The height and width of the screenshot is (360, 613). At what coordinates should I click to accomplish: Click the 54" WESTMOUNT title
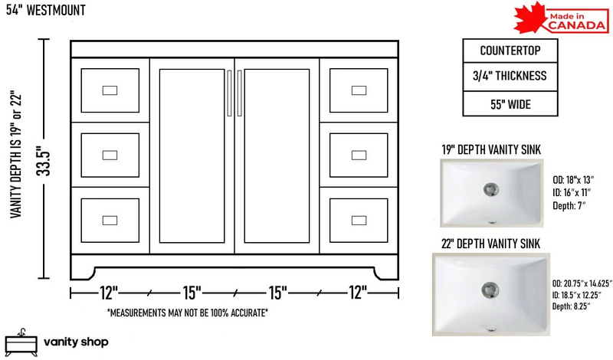(x=46, y=10)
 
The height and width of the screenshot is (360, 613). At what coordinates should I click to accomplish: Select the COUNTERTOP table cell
(x=510, y=51)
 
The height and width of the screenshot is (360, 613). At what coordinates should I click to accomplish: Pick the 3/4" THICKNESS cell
(x=510, y=77)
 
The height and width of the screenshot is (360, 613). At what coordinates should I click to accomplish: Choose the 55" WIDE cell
(x=510, y=104)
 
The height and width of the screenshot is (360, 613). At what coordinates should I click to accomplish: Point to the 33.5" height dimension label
(x=44, y=161)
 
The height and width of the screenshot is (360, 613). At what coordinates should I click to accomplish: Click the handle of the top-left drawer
(x=110, y=90)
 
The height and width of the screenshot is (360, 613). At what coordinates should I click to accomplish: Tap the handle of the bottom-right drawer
(x=359, y=221)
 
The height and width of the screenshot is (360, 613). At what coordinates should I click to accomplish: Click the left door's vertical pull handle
(x=229, y=93)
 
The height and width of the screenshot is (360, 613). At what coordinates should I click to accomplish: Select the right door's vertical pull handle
(x=240, y=93)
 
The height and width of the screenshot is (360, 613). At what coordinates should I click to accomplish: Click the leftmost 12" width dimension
(x=109, y=293)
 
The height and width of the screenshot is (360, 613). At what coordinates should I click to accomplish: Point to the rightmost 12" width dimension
(x=358, y=293)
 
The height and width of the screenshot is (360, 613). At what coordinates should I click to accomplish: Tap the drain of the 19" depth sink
(x=490, y=190)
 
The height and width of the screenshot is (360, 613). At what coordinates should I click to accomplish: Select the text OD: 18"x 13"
(x=573, y=180)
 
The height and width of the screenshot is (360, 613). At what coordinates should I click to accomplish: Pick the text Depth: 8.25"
(x=571, y=306)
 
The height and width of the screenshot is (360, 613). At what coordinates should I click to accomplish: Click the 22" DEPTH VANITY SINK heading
(x=490, y=244)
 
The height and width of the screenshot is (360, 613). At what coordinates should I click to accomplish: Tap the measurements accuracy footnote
(x=188, y=313)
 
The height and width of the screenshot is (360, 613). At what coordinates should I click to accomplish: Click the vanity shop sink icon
(x=21, y=343)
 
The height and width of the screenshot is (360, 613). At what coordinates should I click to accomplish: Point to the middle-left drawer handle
(x=110, y=155)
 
